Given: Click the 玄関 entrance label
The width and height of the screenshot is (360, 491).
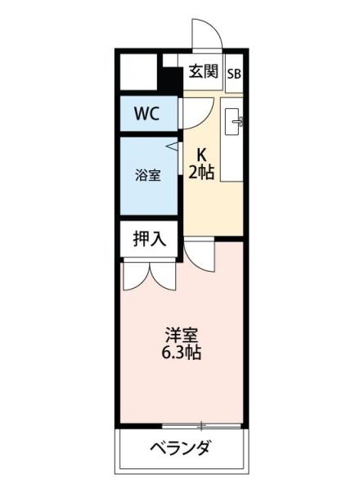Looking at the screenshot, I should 204,71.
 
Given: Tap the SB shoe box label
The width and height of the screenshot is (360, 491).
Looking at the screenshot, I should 234,74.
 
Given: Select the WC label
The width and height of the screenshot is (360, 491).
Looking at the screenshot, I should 147,113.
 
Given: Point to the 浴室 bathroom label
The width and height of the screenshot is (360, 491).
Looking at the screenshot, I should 147,174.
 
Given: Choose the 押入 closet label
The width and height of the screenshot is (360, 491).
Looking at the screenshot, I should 150,239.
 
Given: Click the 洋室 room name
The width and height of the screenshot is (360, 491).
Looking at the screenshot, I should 182,335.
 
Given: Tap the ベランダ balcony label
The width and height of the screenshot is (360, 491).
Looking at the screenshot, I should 181,448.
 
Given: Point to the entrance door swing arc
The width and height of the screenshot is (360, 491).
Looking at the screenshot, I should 207,33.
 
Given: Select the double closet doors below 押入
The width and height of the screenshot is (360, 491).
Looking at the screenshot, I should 149,277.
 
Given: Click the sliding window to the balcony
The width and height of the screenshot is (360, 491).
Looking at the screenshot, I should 200,425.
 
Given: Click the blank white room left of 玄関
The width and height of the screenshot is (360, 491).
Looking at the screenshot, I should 139,74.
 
